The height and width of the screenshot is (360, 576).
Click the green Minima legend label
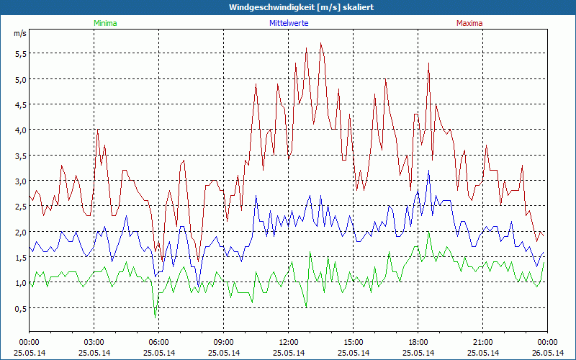pyautogui.click(x=104, y=23)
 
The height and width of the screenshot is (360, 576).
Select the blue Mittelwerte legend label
pyautogui.click(x=287, y=23)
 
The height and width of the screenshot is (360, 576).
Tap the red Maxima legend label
pyautogui.click(x=469, y=23)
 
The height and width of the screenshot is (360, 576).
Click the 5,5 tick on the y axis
pyautogui.click(x=19, y=53)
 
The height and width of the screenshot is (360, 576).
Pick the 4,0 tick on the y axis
pyautogui.click(x=19, y=130)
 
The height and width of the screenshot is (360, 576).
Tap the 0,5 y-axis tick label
pyautogui.click(x=19, y=309)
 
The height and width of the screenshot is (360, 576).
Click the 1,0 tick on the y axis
pyautogui.click(x=19, y=283)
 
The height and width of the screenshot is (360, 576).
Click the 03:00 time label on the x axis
pyautogui.click(x=94, y=342)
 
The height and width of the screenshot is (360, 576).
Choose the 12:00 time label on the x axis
pyautogui.click(x=289, y=342)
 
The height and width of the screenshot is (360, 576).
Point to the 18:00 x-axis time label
pyautogui.click(x=418, y=342)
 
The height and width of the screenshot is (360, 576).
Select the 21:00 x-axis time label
pyautogui.click(x=483, y=342)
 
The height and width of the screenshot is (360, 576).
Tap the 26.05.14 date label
pyautogui.click(x=548, y=352)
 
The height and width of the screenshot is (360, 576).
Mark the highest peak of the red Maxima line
pyautogui.click(x=321, y=43)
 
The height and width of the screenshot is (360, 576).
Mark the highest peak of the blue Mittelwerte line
pyautogui.click(x=428, y=171)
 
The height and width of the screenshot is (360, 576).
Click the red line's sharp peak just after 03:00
pyautogui.click(x=98, y=130)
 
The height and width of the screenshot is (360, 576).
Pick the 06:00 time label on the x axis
pyautogui.click(x=159, y=342)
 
